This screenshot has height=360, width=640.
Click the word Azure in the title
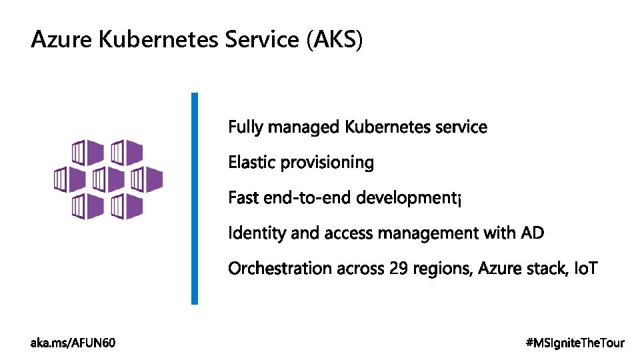[x=62, y=40]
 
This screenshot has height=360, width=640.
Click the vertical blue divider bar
[x=195, y=198]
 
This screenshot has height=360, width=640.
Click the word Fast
[x=243, y=198]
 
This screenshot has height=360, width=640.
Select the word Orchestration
[x=280, y=269]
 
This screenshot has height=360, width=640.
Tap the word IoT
[x=586, y=269]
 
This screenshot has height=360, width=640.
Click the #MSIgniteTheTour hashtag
[x=575, y=343]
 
